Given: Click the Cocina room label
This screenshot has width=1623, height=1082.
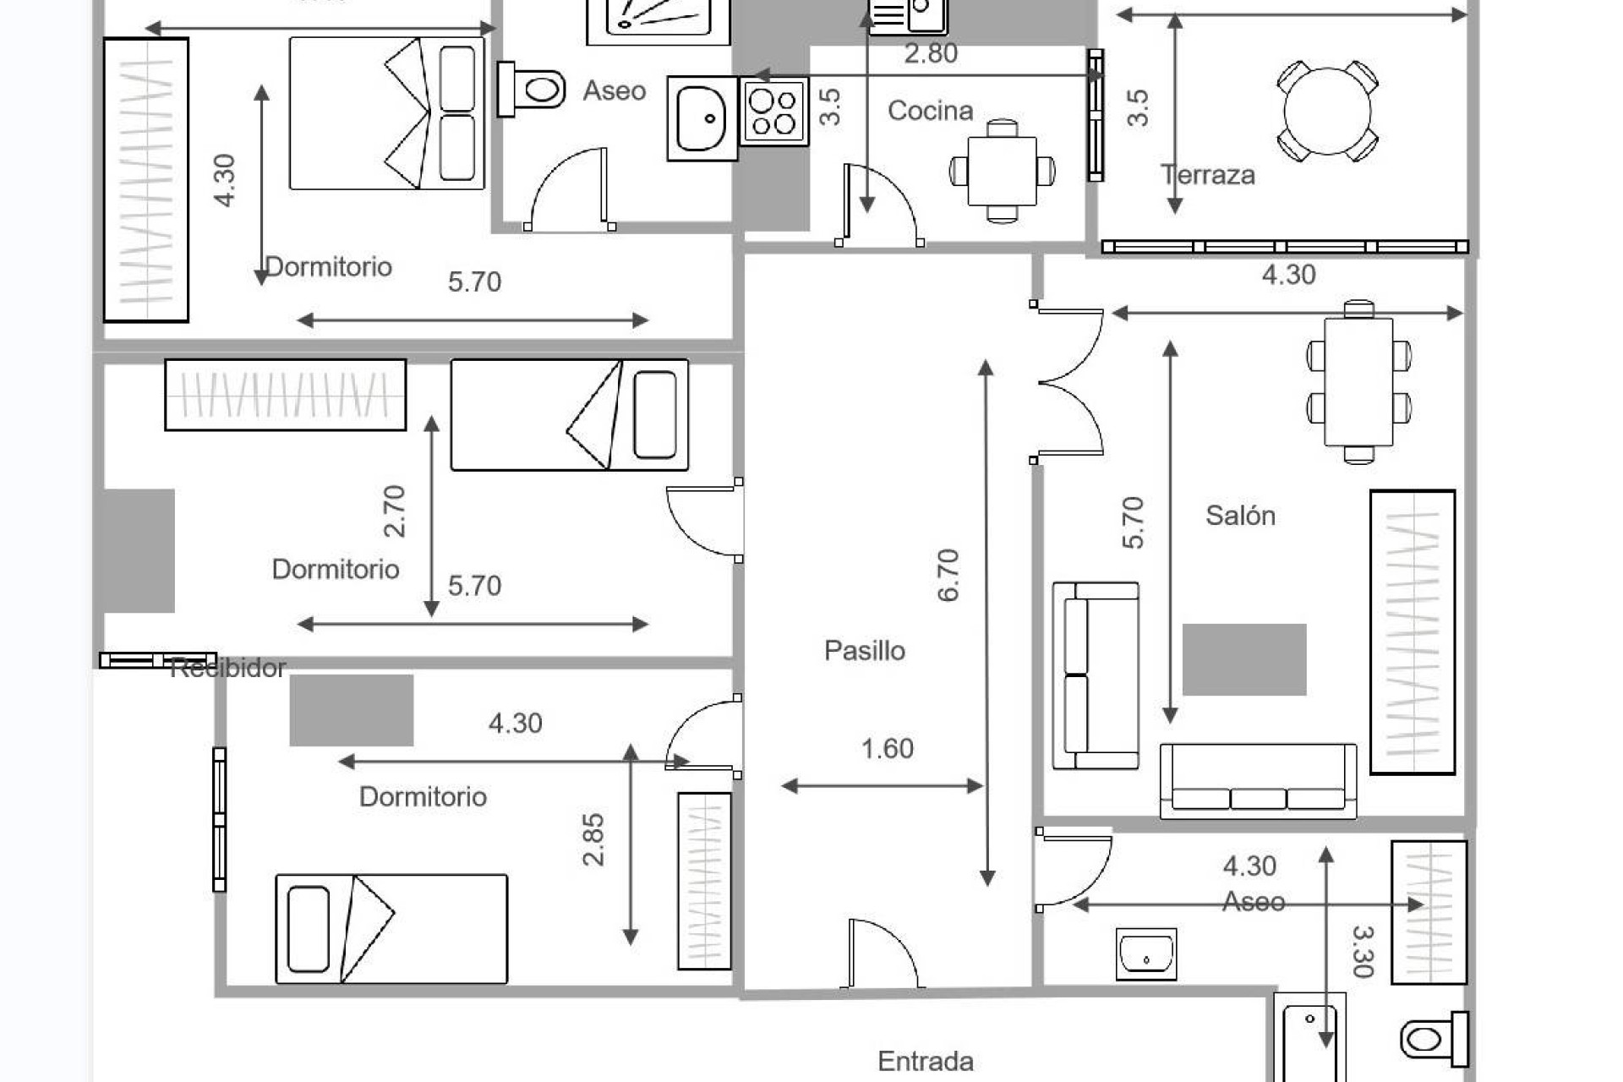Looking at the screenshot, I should [x=930, y=111].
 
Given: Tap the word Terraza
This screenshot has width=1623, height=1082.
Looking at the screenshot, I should [x=1208, y=175].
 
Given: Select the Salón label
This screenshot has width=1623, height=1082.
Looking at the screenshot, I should [x=1240, y=516].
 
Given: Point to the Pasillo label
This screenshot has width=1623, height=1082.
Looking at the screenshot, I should [x=864, y=651].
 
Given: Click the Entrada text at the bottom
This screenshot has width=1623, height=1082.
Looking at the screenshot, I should [x=925, y=1061].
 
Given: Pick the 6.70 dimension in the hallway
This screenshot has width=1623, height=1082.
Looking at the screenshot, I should [x=949, y=575].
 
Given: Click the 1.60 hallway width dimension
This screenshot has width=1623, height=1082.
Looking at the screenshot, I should [x=887, y=749].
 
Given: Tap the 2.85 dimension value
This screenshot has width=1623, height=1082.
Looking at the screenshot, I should [x=594, y=839].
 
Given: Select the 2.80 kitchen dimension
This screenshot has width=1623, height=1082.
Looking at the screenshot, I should [x=931, y=54].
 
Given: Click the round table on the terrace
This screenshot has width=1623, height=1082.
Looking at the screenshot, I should [x=1326, y=111].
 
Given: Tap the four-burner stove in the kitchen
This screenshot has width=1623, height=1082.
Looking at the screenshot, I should [x=773, y=112].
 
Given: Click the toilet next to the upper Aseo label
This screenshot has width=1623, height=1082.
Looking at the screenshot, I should [x=533, y=88].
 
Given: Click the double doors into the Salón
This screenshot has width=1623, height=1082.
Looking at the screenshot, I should [x=1070, y=382].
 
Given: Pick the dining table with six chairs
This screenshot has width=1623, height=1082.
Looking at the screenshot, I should [x=1358, y=381].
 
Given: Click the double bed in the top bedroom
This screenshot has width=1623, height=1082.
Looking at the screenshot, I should [x=386, y=113].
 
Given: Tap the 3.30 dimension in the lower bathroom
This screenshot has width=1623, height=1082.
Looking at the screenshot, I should [x=1363, y=951].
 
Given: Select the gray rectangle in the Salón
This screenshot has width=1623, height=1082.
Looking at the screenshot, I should [x=1243, y=659].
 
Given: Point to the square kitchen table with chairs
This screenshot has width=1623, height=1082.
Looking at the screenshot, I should [x=1002, y=172].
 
